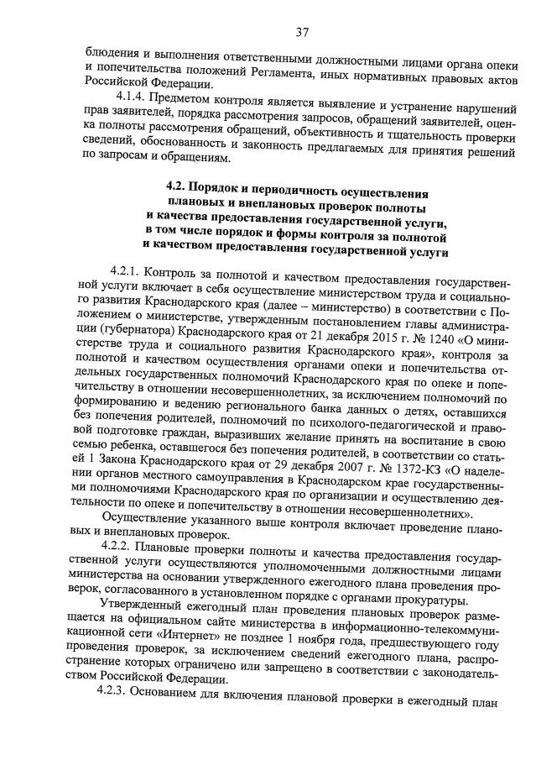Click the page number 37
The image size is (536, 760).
(303, 33)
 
